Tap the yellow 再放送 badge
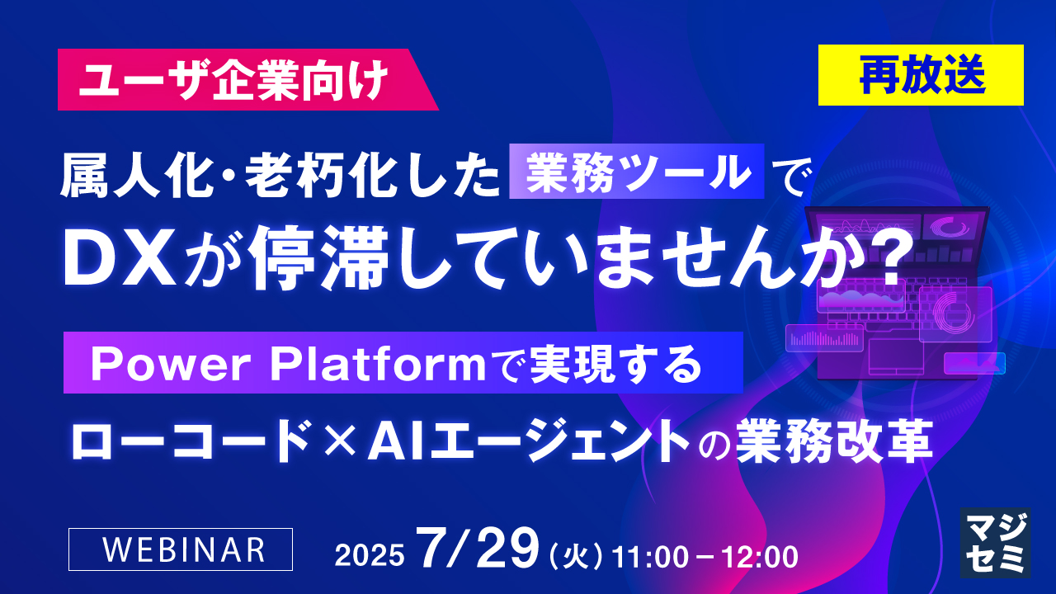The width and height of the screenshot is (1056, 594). click(921, 75)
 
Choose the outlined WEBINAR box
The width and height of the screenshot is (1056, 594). click(181, 549)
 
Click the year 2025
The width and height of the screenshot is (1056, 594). click(370, 555)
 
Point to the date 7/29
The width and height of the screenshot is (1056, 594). click(478, 549)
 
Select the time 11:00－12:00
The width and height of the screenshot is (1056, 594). click(705, 555)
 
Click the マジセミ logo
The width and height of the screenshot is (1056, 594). click(993, 542)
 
